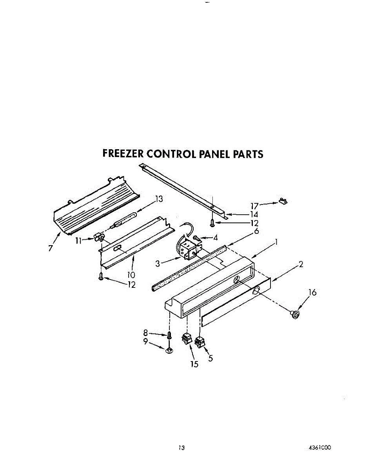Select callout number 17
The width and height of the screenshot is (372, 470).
coord(255,205)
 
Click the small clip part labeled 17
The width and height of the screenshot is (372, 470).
coord(283,201)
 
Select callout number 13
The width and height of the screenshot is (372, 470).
coord(158,199)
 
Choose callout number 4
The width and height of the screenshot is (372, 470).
coord(215,238)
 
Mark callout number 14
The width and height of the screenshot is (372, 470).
coord(254,215)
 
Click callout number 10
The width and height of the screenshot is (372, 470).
coord(131,275)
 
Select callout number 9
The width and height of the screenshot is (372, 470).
coord(146,342)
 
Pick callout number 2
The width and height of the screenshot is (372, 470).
coord(301,264)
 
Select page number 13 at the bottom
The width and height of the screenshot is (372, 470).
coord(181,448)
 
